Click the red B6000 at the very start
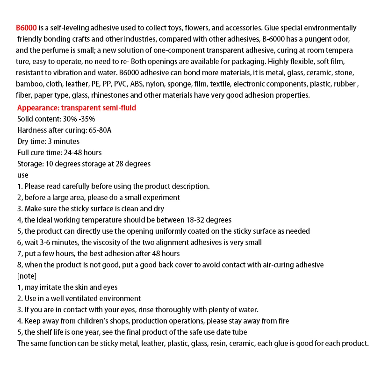26,28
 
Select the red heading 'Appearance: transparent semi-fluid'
77,108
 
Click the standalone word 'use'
22,175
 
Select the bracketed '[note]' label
27,276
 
